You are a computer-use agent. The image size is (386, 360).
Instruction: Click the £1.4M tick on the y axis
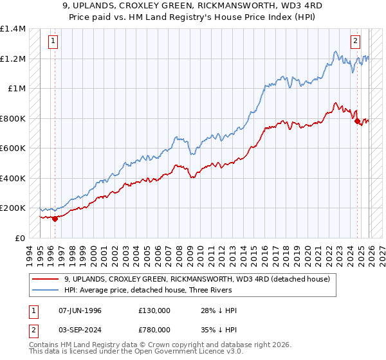[x=13, y=30]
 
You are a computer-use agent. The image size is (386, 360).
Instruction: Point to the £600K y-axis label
[x=13, y=148]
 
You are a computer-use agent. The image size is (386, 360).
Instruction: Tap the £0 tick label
[x=19, y=238]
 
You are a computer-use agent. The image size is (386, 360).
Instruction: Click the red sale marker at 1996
[x=55, y=219]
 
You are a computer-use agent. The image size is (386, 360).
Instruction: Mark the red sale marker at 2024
[x=357, y=122]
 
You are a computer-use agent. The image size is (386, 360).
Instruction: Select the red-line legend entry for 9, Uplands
[x=198, y=279]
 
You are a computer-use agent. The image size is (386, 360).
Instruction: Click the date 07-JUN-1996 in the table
[x=80, y=310]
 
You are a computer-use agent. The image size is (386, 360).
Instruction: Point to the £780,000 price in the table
[x=154, y=331]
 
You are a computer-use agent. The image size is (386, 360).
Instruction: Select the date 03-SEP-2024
[x=80, y=331]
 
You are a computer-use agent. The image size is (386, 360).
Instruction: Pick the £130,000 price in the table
[x=154, y=310]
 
